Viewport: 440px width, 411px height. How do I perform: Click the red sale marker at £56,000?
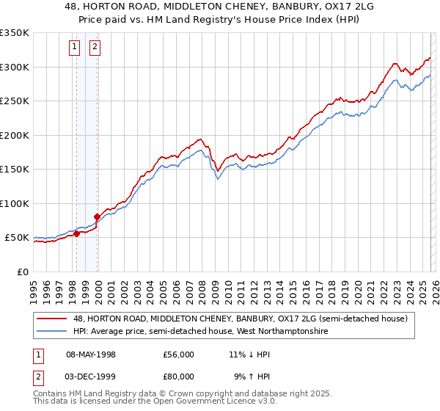(76, 234)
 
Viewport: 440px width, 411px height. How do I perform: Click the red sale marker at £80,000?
(97, 217)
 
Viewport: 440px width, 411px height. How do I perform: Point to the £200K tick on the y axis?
(15, 135)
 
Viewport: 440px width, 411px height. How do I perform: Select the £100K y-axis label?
(15, 203)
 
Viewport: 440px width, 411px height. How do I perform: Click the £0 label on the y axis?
(23, 272)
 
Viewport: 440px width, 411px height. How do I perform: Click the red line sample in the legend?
(52, 319)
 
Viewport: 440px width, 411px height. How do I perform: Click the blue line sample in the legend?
(52, 332)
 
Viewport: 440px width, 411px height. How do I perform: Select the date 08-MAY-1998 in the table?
(91, 354)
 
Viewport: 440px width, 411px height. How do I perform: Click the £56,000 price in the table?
(179, 354)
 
